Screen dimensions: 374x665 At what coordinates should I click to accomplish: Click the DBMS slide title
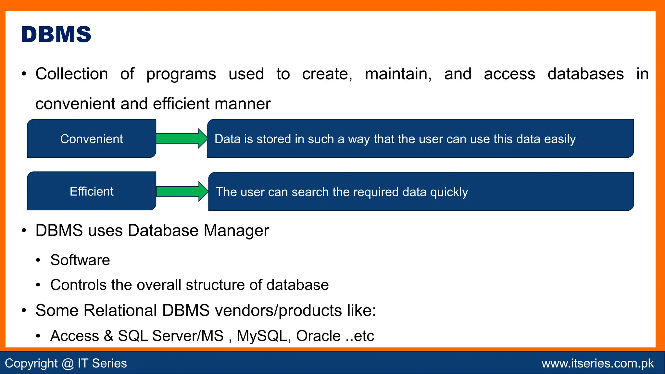tap(56, 34)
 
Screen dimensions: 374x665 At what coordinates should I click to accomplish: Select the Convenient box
tap(92, 139)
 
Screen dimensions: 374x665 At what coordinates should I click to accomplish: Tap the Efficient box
tap(92, 191)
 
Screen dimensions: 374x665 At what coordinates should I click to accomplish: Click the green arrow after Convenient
tap(181, 138)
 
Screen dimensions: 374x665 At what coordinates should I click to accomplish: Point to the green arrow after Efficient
tap(182, 191)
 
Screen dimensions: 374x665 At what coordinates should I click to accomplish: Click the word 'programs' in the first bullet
tap(181, 74)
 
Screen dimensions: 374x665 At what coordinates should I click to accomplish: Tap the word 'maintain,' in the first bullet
tap(398, 74)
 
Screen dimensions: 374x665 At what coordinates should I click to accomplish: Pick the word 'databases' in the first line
tap(585, 74)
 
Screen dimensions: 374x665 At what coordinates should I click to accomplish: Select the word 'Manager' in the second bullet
tap(236, 231)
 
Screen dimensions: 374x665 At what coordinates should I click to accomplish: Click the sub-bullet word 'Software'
tap(80, 260)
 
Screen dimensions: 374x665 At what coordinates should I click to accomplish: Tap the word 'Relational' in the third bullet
tap(120, 310)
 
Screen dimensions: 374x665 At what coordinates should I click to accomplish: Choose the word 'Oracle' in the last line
tap(318, 336)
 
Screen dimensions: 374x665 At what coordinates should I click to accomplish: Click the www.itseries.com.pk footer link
tap(597, 363)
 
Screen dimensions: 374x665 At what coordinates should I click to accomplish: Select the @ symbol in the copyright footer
tap(68, 363)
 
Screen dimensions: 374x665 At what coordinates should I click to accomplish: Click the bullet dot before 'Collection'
tap(24, 74)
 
